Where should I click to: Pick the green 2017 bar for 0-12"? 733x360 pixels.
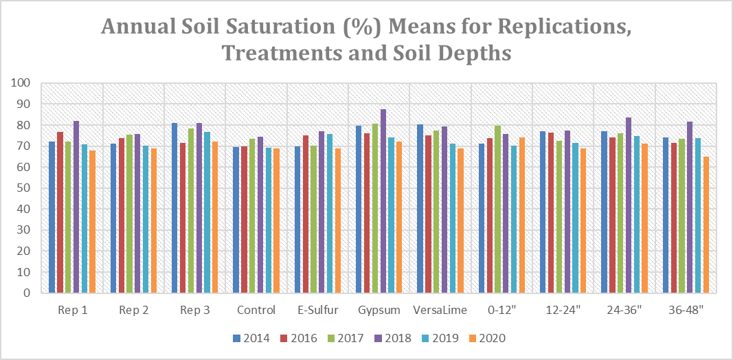[x=497, y=209]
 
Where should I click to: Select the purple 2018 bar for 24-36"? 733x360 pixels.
[x=628, y=205]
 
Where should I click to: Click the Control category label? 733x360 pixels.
[x=256, y=310]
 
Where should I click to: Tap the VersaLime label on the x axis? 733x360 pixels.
[x=440, y=310]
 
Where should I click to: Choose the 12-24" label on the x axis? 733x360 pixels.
[x=563, y=310]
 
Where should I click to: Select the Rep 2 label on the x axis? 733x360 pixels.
[x=133, y=310]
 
